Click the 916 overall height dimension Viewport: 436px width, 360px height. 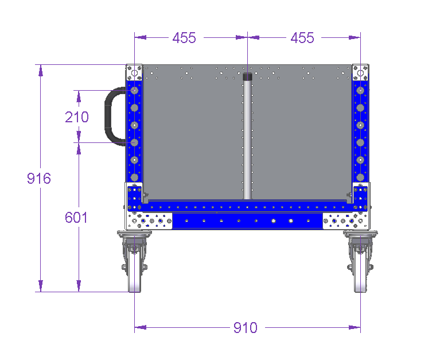pyautogui.click(x=39, y=179)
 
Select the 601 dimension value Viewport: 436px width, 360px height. pyautogui.click(x=76, y=217)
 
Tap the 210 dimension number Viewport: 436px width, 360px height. pyautogui.click(x=77, y=117)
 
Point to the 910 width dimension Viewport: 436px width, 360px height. pyautogui.click(x=246, y=328)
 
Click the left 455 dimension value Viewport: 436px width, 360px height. pyautogui.click(x=184, y=38)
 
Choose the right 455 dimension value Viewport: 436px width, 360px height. pyautogui.click(x=302, y=38)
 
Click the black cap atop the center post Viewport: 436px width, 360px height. pyautogui.click(x=247, y=76)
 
